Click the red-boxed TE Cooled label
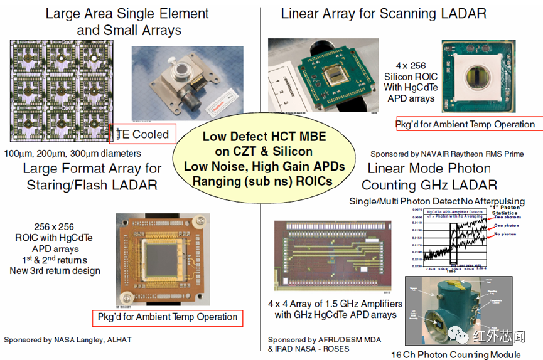[x=143, y=134]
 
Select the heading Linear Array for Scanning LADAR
[x=383, y=13]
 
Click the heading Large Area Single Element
[x=127, y=13]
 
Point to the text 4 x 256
[x=410, y=65]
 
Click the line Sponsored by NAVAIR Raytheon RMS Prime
[x=446, y=154]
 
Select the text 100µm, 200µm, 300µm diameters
[x=72, y=153]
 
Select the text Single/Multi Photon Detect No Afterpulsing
[x=437, y=201]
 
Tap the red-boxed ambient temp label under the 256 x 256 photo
[x=167, y=317]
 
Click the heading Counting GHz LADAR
[x=429, y=185]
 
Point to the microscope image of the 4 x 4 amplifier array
[x=336, y=257]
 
